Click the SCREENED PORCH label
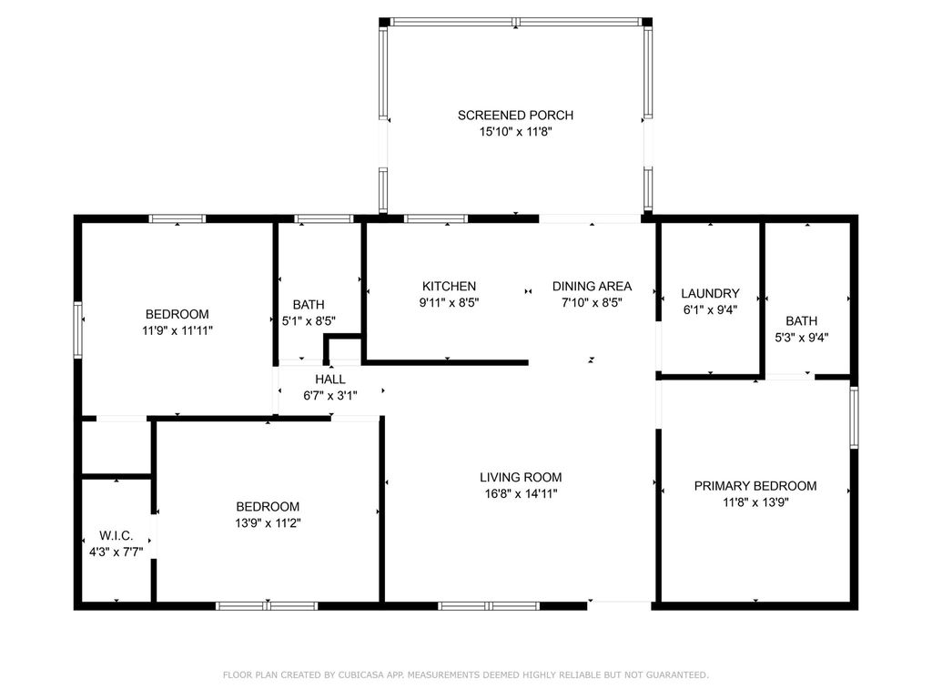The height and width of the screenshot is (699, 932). pyautogui.click(x=516, y=116)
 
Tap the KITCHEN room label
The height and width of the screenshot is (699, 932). pyautogui.click(x=449, y=286)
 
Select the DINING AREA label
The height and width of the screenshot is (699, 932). pyautogui.click(x=592, y=286)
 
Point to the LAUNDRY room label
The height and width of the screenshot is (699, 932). pyautogui.click(x=710, y=294)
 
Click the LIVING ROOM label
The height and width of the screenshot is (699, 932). pyautogui.click(x=521, y=477)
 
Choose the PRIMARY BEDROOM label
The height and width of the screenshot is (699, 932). pyautogui.click(x=755, y=486)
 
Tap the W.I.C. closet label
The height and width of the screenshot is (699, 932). pyautogui.click(x=116, y=536)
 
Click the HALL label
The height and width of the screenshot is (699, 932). pyautogui.click(x=329, y=379)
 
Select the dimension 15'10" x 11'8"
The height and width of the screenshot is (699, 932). pyautogui.click(x=516, y=132)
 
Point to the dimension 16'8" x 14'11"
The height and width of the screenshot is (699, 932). pyautogui.click(x=521, y=493)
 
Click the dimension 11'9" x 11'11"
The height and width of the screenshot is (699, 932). pyautogui.click(x=177, y=331)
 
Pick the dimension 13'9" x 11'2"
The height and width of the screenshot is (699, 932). pyautogui.click(x=268, y=522)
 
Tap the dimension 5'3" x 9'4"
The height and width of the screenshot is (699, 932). pyautogui.click(x=801, y=337)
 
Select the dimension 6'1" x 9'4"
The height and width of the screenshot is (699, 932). pyautogui.click(x=710, y=309)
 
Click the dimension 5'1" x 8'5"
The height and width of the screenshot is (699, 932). pyautogui.click(x=309, y=320)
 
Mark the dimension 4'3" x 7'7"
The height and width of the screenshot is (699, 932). pyautogui.click(x=116, y=552)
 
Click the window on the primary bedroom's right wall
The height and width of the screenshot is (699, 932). pyautogui.click(x=854, y=418)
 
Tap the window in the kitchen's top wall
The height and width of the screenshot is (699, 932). pyautogui.click(x=435, y=218)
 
